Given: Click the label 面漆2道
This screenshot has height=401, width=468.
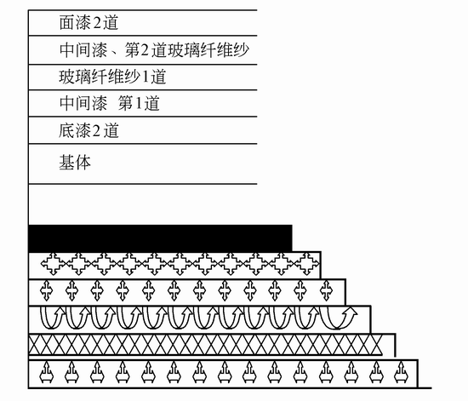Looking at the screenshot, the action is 88,23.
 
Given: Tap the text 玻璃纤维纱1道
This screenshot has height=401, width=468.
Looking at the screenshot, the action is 112,77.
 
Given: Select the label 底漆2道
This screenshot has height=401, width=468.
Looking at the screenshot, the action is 88,131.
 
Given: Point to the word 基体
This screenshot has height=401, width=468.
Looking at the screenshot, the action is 75,163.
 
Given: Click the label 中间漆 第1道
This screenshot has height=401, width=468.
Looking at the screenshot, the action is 109,103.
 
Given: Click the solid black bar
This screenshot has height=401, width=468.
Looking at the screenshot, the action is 160,238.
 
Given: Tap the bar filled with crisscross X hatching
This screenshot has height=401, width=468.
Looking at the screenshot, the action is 206,345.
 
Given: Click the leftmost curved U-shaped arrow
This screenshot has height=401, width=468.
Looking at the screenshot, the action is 52,318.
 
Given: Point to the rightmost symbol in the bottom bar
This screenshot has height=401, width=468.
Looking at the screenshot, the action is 402,372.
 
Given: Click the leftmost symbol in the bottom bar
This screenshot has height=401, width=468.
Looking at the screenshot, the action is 47,372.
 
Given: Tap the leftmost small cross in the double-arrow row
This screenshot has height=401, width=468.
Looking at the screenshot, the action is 46,290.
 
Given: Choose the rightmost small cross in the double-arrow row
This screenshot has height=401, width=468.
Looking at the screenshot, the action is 326,290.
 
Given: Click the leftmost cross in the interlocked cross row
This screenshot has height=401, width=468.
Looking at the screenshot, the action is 53,264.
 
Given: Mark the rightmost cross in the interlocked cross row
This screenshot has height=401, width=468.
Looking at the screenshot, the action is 307,264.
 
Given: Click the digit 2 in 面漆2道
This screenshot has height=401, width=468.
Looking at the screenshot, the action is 97,23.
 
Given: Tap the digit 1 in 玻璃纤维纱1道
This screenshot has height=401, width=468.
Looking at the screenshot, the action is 146,77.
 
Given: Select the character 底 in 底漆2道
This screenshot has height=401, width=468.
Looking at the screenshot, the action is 66,131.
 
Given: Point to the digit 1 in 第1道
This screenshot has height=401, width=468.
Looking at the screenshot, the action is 138,104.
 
